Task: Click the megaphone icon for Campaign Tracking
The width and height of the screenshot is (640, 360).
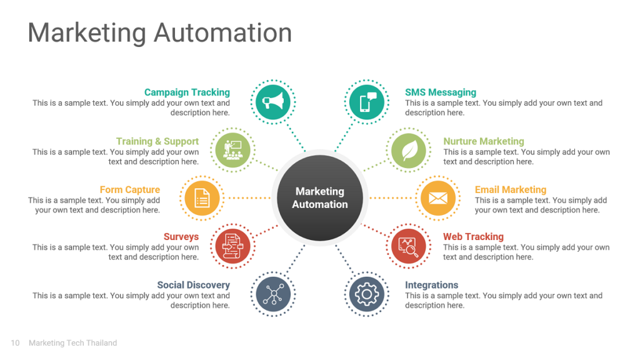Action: (x=273, y=102)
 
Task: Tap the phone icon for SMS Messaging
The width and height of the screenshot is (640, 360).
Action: (x=367, y=102)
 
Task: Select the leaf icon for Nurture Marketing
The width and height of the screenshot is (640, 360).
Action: (x=409, y=151)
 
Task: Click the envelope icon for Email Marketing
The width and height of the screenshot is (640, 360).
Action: (x=438, y=198)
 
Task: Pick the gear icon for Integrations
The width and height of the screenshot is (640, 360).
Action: (x=367, y=294)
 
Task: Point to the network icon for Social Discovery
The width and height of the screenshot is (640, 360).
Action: (x=273, y=294)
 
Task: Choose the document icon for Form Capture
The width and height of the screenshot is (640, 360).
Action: (x=202, y=198)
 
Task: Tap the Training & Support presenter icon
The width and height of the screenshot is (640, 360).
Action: (x=232, y=150)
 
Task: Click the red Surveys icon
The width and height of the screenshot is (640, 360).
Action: (x=232, y=246)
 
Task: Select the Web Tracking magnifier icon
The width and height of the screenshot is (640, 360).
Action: (x=409, y=246)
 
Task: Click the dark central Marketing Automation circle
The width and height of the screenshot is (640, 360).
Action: (x=320, y=198)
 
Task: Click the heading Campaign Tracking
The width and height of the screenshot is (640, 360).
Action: (x=187, y=92)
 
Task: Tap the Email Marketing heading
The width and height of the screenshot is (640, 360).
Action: (x=510, y=190)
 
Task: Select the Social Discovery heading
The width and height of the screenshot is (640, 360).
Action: (x=194, y=285)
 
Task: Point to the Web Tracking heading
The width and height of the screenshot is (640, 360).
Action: (x=474, y=237)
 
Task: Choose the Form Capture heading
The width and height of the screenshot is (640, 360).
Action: (x=130, y=190)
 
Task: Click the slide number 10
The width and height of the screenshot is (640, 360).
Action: (x=15, y=343)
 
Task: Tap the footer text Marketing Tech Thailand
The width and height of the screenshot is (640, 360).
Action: (x=72, y=343)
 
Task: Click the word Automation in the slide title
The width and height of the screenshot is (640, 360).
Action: (x=223, y=32)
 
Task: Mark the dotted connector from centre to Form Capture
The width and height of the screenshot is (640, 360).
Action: (x=249, y=198)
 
